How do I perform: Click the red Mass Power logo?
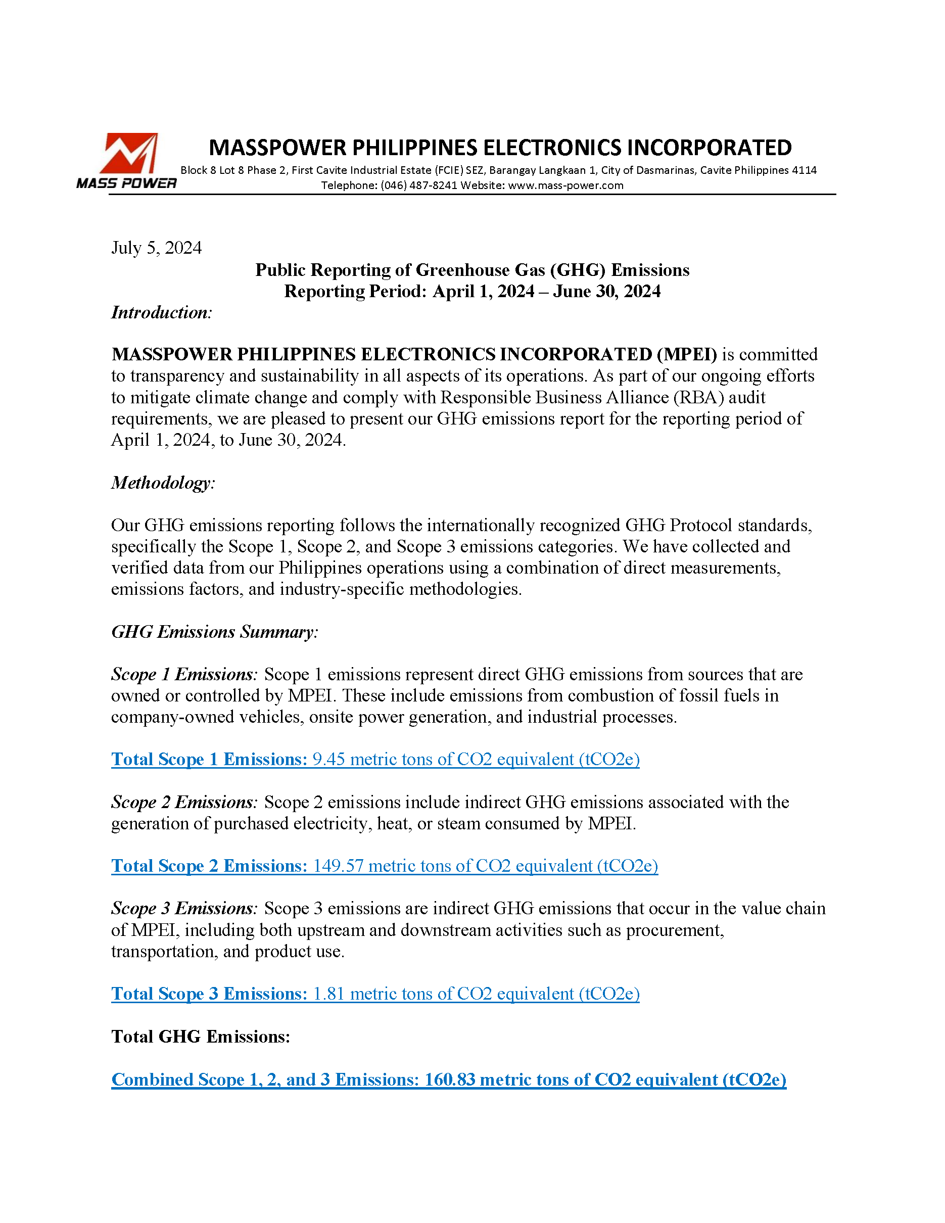point(128,155)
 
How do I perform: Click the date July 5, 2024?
point(156,248)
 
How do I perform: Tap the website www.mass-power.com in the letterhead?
point(565,185)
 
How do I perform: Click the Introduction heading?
point(161,312)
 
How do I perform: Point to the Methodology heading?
point(163,483)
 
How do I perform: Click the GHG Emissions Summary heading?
point(214,632)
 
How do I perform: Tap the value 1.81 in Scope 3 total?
point(328,994)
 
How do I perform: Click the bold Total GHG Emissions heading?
point(201,1037)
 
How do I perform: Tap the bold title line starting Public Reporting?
point(472,270)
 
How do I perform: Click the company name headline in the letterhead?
point(500,147)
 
